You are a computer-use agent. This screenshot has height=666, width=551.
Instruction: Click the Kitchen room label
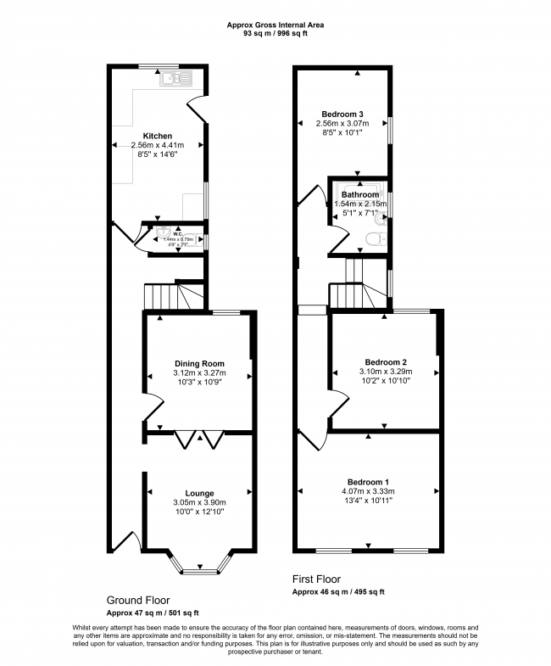click(x=158, y=136)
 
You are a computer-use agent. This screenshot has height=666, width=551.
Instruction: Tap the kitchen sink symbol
click(x=180, y=79)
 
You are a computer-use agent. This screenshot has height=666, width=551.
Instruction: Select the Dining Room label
click(x=199, y=363)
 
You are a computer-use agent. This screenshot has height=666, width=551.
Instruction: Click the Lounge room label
click(x=199, y=493)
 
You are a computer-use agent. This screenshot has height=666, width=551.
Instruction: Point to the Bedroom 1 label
click(x=369, y=480)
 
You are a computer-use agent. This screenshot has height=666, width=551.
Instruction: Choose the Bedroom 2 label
click(x=385, y=360)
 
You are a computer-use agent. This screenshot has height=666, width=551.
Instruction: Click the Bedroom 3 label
click(x=342, y=114)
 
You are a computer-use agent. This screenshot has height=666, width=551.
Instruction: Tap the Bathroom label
click(x=359, y=194)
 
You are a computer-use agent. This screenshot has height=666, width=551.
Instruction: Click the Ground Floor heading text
click(x=139, y=599)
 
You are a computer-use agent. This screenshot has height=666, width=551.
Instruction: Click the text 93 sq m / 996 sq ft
click(x=275, y=35)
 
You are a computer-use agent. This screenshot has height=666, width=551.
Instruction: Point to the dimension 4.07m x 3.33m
click(x=369, y=491)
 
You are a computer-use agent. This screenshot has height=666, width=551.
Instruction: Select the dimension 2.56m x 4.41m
click(x=158, y=146)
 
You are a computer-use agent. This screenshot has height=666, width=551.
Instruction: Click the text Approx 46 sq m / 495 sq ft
click(x=338, y=591)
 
